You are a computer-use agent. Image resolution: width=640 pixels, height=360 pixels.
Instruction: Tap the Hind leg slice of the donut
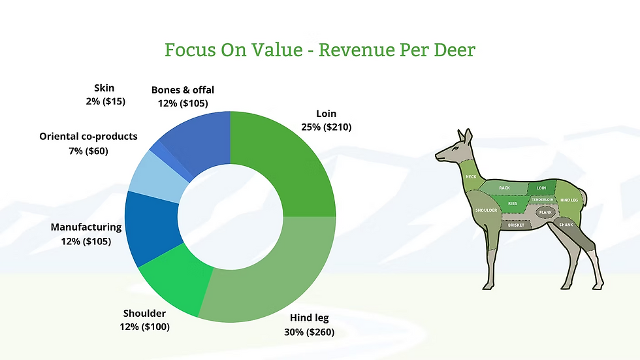(274, 274)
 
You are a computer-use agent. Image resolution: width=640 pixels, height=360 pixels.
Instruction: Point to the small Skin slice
(157, 150)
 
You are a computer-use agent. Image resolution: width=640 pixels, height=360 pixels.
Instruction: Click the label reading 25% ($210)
(326, 127)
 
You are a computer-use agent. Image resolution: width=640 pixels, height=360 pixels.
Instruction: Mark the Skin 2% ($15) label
(104, 95)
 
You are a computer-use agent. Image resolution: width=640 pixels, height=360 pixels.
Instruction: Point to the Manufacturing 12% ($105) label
(86, 234)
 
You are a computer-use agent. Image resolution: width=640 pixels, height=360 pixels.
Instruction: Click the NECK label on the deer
(471, 177)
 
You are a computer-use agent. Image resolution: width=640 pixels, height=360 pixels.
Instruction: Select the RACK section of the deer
(504, 188)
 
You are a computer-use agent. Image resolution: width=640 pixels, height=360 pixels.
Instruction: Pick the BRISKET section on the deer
(516, 225)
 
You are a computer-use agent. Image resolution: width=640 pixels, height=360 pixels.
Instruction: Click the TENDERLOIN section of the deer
(542, 199)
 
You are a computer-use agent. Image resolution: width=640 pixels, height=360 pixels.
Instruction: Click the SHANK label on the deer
(566, 225)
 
